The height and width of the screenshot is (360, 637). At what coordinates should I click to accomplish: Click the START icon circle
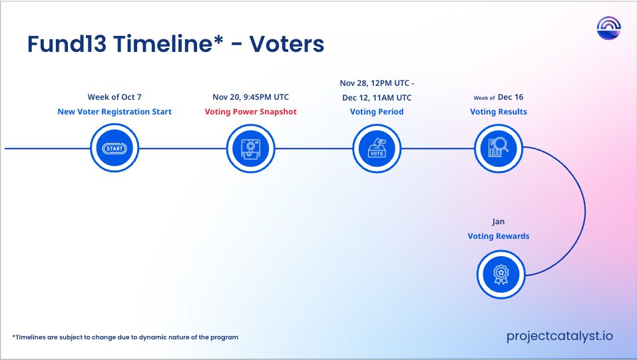114,148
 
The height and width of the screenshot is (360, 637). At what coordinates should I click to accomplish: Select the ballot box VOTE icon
376,148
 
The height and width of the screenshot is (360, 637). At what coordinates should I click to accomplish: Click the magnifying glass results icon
499,148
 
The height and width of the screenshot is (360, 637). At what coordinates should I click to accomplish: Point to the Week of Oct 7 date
114,97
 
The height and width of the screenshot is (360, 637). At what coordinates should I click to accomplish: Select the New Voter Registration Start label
114,112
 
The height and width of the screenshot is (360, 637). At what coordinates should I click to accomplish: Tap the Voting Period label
376,112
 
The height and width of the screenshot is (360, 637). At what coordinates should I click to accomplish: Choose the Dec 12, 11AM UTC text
376,97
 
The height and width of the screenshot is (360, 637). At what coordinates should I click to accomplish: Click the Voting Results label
499,112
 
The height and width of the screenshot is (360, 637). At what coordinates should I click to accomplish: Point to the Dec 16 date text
511,97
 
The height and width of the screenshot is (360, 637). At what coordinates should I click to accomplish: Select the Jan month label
499,222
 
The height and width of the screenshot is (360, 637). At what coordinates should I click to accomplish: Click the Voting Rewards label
499,236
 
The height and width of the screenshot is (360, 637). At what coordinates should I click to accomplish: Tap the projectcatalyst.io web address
559,337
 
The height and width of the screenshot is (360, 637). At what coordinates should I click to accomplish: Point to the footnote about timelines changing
125,337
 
